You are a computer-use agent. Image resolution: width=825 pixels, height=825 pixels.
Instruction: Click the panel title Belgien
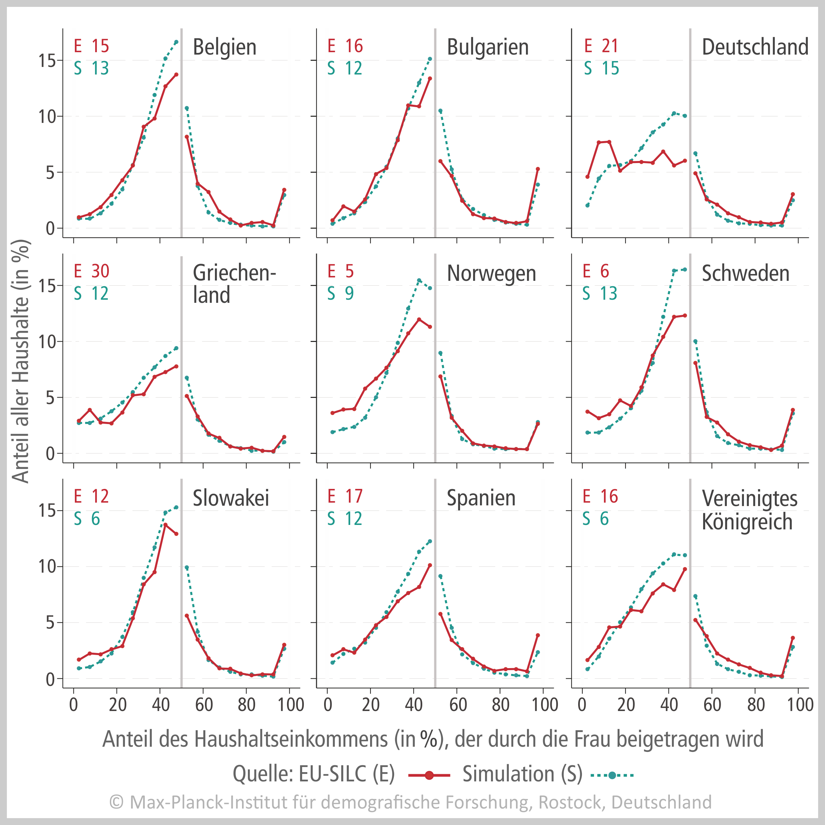(x=225, y=47)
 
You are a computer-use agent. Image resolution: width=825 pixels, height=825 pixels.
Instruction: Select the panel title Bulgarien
(x=488, y=47)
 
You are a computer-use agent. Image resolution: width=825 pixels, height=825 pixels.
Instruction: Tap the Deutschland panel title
(x=755, y=47)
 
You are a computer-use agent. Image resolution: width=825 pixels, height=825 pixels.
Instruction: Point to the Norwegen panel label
(x=491, y=273)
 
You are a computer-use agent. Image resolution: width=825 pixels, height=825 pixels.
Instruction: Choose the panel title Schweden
(x=746, y=273)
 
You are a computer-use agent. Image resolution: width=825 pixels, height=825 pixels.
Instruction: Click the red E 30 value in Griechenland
(x=100, y=271)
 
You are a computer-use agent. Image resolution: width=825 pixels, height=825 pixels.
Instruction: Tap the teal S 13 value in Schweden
(x=608, y=293)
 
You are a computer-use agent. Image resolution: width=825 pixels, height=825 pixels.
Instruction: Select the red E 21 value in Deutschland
(x=610, y=46)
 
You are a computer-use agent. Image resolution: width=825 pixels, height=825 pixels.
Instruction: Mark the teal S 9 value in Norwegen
(x=349, y=293)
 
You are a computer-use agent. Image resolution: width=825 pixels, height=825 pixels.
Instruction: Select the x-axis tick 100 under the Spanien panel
(x=545, y=704)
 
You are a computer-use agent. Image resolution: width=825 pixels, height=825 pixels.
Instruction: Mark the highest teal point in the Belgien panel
(x=176, y=42)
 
